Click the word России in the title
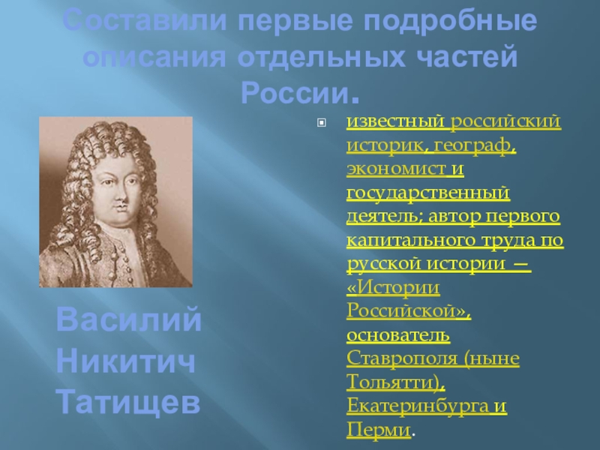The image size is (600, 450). tap(295, 92)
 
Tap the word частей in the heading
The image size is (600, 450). tap(466, 58)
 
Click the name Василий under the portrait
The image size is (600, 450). tap(129, 319)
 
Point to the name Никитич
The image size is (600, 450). tap(125, 361)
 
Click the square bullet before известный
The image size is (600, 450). tap(322, 123)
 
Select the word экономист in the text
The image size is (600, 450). tap(396, 169)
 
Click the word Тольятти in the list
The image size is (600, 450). tap(393, 382)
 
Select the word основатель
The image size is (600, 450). tap(398, 335)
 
